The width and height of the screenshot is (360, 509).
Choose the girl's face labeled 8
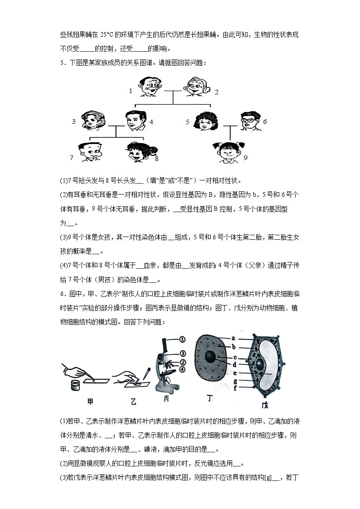pyautogui.click(x=138, y=153)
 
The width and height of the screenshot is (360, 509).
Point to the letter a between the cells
pyautogui.click(x=233, y=338)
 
